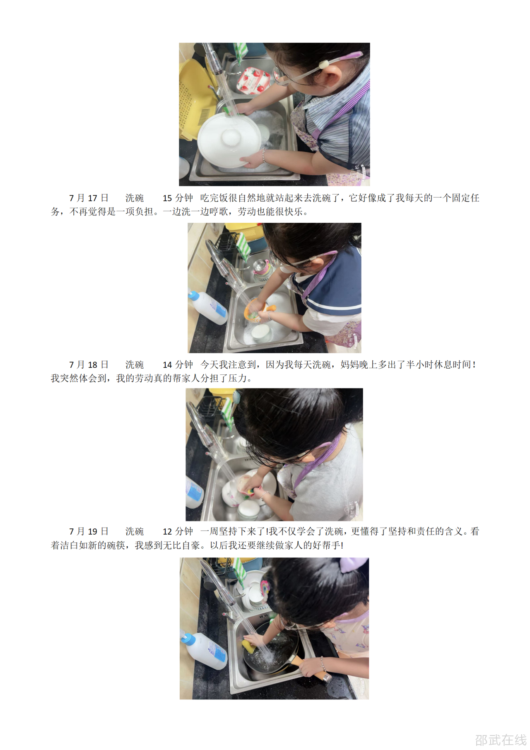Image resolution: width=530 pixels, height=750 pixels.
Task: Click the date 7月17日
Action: [x=89, y=198]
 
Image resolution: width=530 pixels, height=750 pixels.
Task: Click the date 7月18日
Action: [x=89, y=364]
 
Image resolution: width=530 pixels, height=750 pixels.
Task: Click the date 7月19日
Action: [x=89, y=531]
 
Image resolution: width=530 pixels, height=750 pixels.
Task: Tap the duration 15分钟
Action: [x=178, y=198]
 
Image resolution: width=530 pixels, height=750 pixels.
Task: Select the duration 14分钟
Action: [x=178, y=364]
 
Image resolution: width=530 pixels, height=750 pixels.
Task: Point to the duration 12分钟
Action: [x=178, y=531]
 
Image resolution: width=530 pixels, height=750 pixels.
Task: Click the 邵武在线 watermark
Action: [x=501, y=739]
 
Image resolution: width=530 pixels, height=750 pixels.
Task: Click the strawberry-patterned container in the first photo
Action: [x=253, y=80]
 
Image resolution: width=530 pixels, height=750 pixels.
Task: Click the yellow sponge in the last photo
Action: [x=248, y=645]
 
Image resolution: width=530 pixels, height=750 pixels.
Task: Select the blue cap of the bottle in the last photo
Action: [x=188, y=639]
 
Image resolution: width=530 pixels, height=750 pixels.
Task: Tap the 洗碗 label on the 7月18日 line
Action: [x=135, y=364]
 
